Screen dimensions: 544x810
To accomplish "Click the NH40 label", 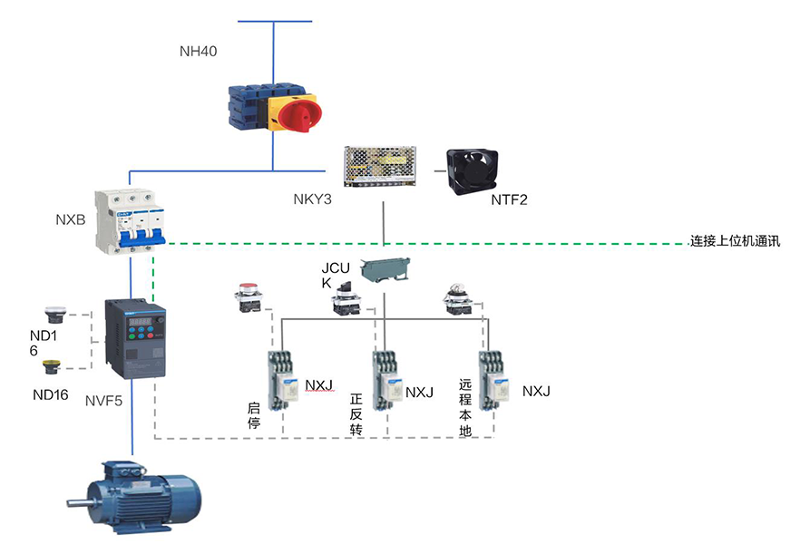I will [x=198, y=51].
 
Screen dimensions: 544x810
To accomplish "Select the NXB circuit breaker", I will [x=133, y=223].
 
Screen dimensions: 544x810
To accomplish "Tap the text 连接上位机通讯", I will [x=735, y=241].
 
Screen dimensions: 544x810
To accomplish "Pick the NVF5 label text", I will [x=105, y=400].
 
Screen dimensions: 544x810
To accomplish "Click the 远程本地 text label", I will [x=465, y=409].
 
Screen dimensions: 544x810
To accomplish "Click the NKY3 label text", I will [x=311, y=199].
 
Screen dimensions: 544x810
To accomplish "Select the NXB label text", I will [x=70, y=219].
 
